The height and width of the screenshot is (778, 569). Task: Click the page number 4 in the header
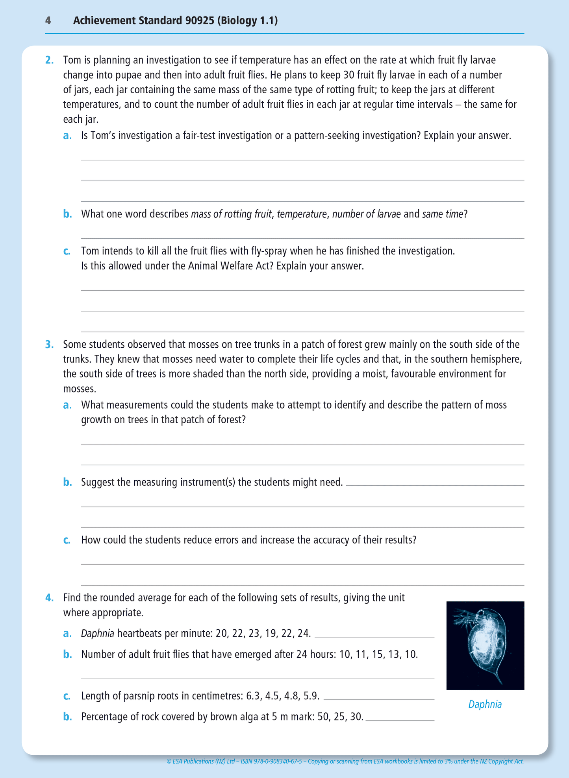[x=48, y=20]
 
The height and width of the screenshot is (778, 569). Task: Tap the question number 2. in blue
[x=49, y=60]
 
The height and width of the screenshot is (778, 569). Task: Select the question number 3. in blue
[x=49, y=345]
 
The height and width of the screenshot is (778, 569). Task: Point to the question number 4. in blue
[x=49, y=598]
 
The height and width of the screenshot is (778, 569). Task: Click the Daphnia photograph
[x=485, y=645]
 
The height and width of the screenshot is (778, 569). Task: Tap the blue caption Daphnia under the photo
[x=485, y=704]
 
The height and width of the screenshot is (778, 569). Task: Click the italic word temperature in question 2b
[x=302, y=214]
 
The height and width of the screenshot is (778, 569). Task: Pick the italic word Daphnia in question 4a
[x=98, y=634]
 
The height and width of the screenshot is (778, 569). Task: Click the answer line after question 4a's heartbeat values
[x=374, y=636]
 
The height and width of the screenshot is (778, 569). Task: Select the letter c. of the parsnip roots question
[x=67, y=696]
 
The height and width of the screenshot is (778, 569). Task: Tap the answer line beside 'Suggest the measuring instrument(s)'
[x=435, y=485]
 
